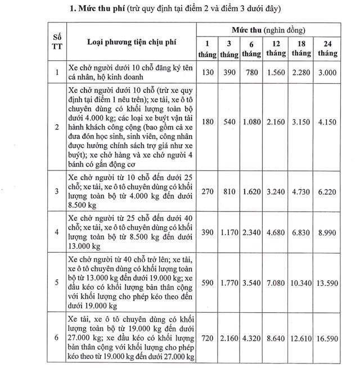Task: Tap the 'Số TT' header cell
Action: (56, 42)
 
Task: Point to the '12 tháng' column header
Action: (276, 48)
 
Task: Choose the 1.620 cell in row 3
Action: (251, 191)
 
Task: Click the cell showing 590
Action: (208, 282)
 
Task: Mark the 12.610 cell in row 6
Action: (301, 340)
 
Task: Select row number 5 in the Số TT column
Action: (56, 282)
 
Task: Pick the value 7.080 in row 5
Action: (276, 282)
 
